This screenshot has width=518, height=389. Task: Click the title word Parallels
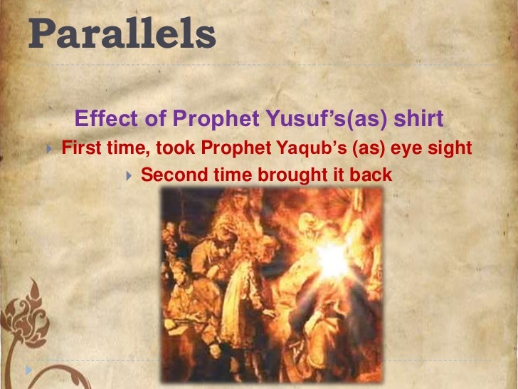coord(122,33)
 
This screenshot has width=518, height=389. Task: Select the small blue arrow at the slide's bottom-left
coord(28,370)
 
